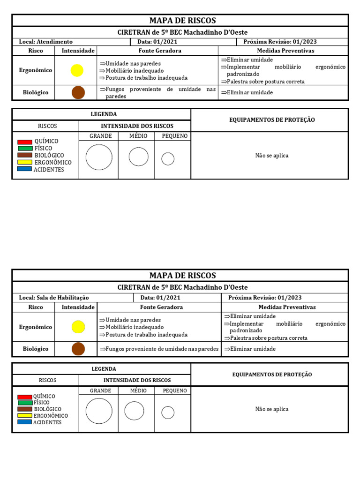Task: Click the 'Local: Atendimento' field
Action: [x=46, y=42]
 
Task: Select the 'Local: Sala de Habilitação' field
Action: [x=54, y=298]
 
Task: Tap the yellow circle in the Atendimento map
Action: [x=77, y=70]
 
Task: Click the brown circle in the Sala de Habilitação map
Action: [x=78, y=349]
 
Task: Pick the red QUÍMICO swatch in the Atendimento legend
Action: [x=24, y=142]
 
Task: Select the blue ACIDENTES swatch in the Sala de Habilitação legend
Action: [x=25, y=422]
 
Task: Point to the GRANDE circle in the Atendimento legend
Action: [x=99, y=157]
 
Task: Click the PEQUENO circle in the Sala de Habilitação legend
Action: [x=168, y=412]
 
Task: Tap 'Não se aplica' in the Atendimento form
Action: [x=272, y=156]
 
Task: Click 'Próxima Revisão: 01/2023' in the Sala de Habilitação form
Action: [x=265, y=298]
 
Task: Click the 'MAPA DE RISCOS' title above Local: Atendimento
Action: [x=182, y=21]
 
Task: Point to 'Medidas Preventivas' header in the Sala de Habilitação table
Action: [x=287, y=307]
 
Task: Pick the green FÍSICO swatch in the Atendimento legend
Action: [x=24, y=148]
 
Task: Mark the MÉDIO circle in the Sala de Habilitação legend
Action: [x=134, y=411]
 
